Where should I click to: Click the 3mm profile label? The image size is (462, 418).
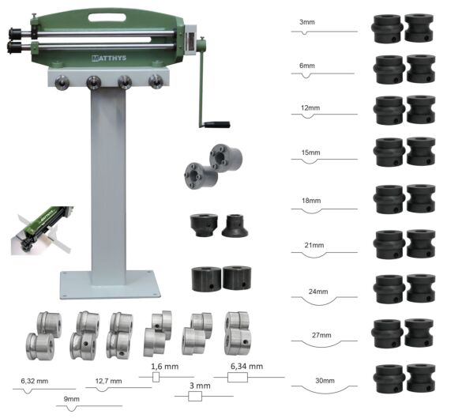(306, 23)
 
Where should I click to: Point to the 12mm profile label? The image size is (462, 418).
(310, 107)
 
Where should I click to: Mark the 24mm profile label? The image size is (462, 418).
(318, 292)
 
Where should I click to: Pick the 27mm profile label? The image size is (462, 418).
(321, 336)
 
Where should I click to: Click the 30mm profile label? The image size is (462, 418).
(324, 381)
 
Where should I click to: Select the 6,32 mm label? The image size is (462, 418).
(34, 381)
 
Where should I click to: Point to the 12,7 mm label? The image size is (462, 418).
(109, 381)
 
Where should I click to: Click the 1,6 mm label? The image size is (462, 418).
(165, 367)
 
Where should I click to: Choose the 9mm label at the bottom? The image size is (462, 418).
(71, 400)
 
